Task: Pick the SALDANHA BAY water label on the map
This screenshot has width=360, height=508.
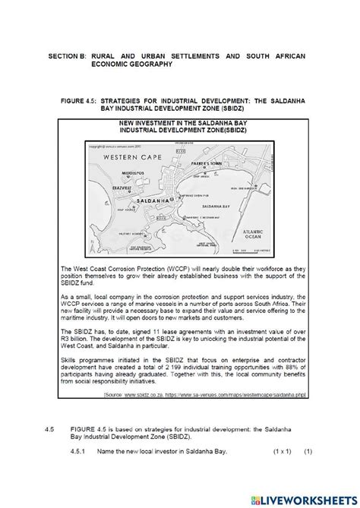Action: (215, 206)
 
